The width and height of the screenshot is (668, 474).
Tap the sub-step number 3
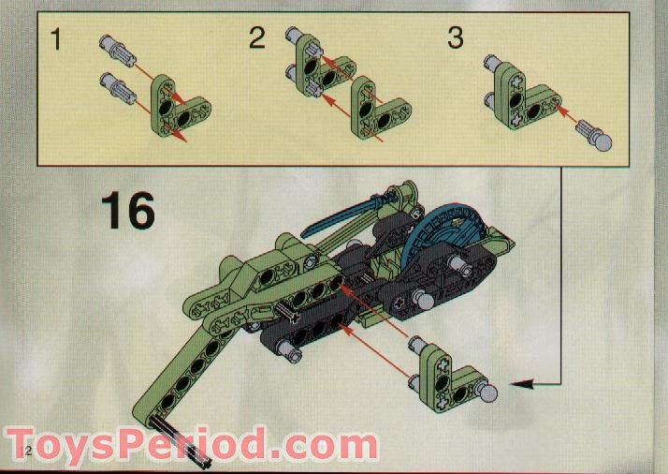click(455, 39)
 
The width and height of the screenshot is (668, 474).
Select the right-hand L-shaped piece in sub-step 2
click(370, 107)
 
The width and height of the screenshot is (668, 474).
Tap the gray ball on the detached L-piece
click(488, 392)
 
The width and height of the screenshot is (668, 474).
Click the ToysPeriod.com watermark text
click(192, 443)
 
